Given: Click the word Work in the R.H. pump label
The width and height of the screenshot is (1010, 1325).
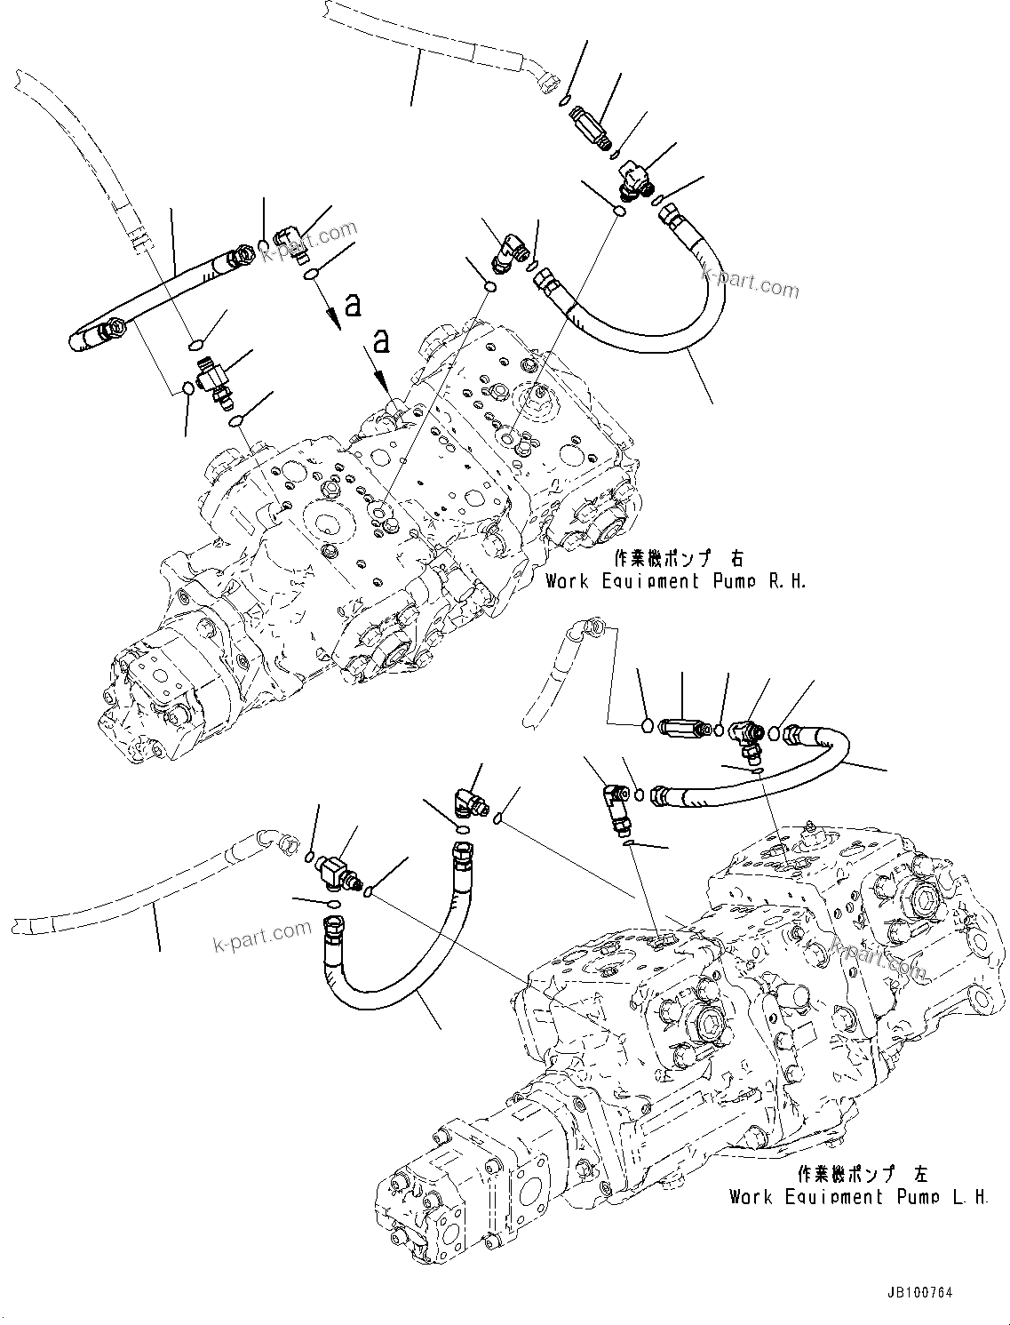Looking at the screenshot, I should click(x=567, y=582).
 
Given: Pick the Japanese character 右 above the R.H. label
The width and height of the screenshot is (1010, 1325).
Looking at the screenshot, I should click(x=736, y=559).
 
